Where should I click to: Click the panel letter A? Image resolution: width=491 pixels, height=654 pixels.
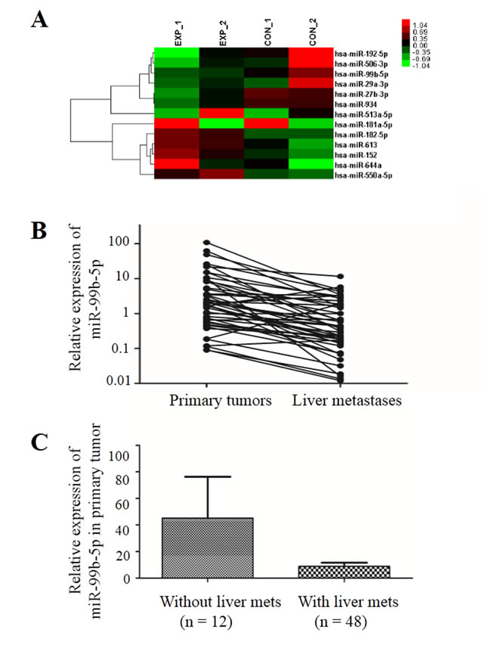(x=39, y=20)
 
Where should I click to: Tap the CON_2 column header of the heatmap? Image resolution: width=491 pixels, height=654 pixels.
(x=310, y=35)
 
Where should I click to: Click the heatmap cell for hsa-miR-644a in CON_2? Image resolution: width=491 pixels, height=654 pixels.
(x=310, y=163)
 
